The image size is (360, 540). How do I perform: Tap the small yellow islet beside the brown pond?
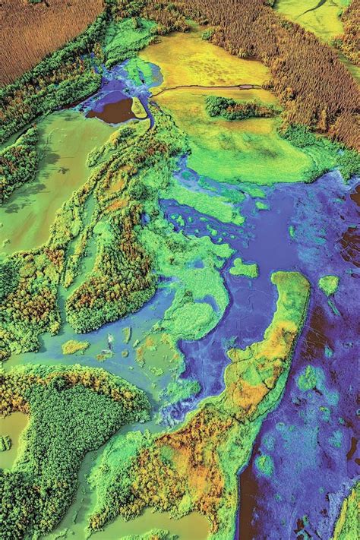139,108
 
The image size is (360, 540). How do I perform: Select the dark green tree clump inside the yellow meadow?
235,107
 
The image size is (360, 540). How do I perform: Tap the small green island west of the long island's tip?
243,268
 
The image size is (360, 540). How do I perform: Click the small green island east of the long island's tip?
329,285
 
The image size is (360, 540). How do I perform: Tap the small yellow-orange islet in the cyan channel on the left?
74,347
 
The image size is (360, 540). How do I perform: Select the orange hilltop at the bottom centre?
182,463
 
